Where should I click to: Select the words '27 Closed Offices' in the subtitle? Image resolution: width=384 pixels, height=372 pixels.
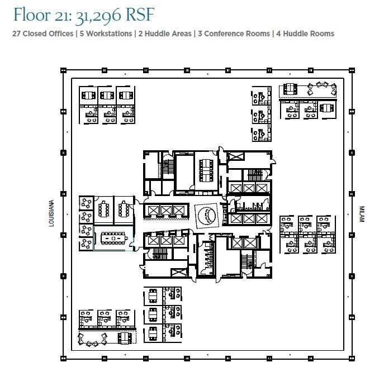pyautogui.click(x=42, y=34)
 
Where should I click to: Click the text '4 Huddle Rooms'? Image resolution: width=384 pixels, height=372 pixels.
pyautogui.click(x=305, y=34)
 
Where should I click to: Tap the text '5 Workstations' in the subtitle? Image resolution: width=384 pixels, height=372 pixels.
pyautogui.click(x=105, y=34)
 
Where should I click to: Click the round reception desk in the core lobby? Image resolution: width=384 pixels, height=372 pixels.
pyautogui.click(x=207, y=216)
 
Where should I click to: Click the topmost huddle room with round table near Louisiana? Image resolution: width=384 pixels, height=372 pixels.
pyautogui.click(x=86, y=203)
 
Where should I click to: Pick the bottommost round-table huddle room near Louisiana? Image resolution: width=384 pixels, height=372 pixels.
pyautogui.click(x=86, y=244)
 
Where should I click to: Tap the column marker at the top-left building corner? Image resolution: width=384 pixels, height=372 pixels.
pyautogui.click(x=63, y=70)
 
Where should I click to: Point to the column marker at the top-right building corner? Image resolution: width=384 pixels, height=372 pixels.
pyautogui.click(x=352, y=70)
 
